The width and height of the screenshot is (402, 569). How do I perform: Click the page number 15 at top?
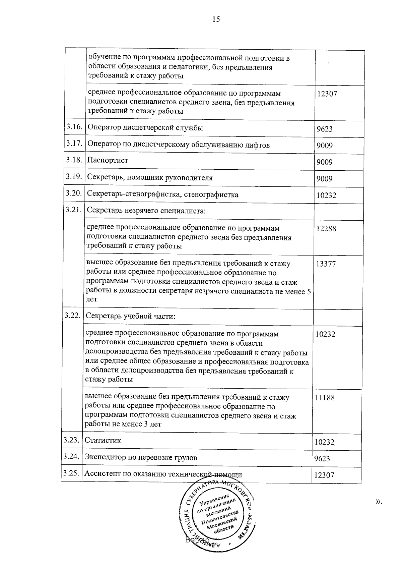[216, 19]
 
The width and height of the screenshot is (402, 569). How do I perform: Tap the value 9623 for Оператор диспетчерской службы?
[325, 129]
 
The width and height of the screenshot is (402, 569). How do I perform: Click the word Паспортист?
[108, 160]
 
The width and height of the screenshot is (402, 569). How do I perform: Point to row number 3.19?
[74, 176]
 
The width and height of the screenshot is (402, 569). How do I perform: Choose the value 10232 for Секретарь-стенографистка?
[326, 195]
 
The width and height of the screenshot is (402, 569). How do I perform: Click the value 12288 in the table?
[326, 229]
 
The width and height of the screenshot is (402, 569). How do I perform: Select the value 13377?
[326, 264]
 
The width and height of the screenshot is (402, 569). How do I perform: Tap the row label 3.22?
[72, 316]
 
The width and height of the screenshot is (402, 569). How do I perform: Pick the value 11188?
[325, 398]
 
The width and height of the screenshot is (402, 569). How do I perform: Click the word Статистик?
[103, 440]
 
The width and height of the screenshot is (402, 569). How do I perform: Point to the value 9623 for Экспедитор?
[322, 458]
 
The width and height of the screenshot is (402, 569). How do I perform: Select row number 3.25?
[71, 473]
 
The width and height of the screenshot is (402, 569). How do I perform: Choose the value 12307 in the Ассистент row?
[324, 475]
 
